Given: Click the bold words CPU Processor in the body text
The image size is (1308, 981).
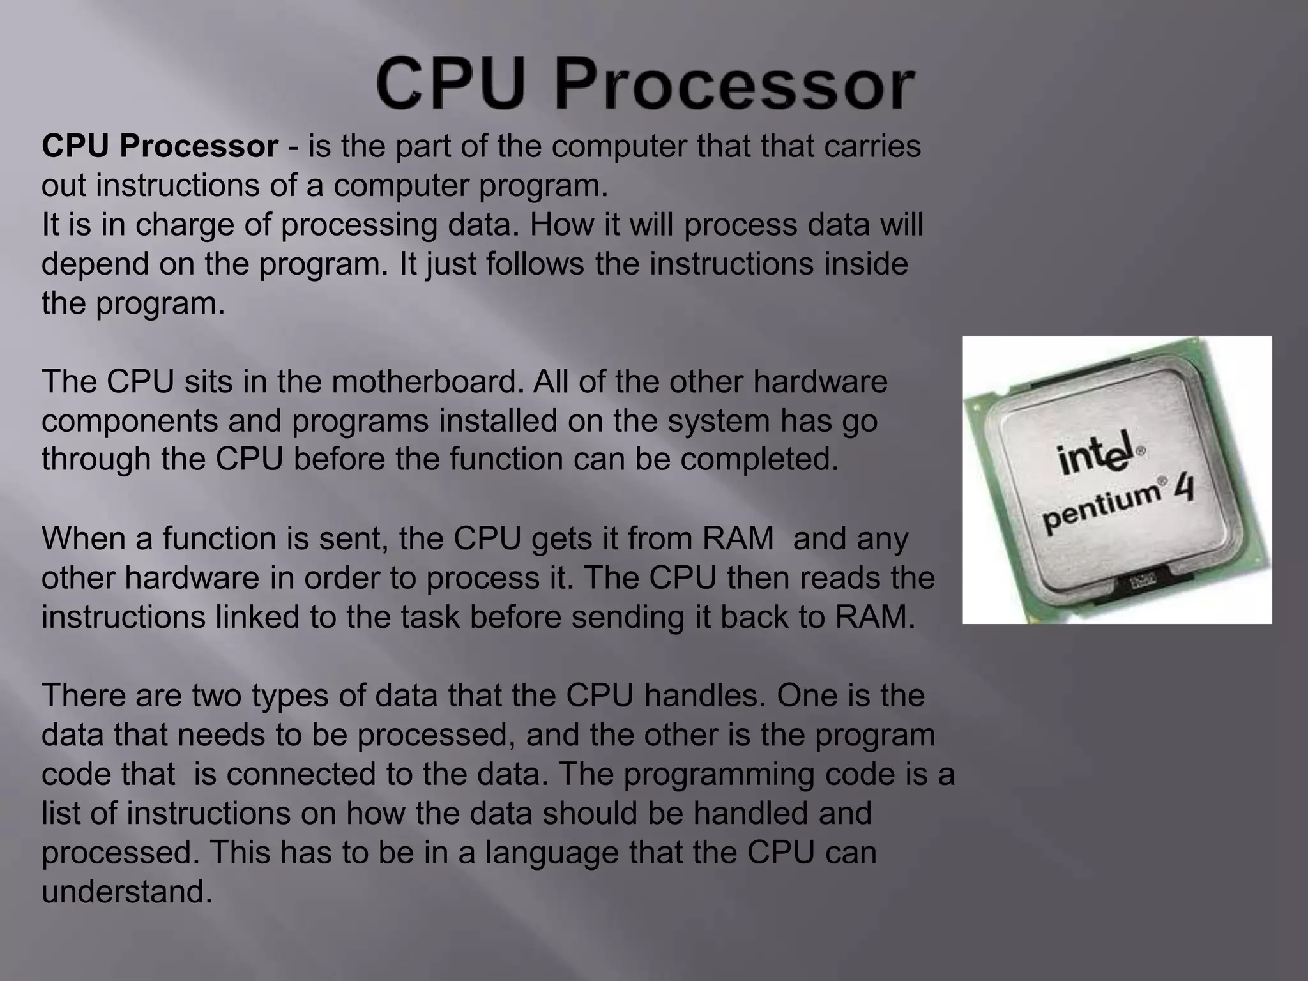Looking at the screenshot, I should pos(160,146).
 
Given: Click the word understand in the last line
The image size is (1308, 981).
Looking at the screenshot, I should pos(126,892).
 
